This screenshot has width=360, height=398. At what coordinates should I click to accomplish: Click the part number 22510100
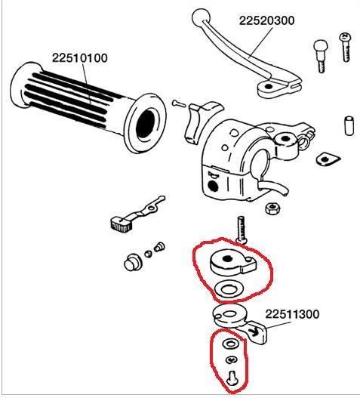click(x=79, y=57)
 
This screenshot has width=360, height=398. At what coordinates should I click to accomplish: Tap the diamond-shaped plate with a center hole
click(x=326, y=159)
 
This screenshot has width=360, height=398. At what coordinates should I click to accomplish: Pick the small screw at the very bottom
click(x=232, y=375)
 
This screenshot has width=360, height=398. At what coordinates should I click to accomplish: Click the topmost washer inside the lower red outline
click(x=230, y=344)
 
